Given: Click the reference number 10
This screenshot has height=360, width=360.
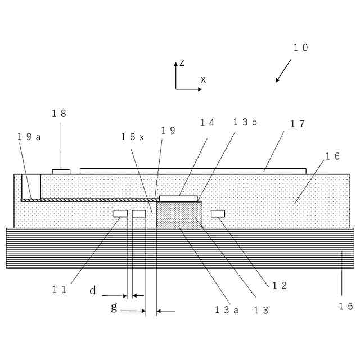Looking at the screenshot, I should (301, 48).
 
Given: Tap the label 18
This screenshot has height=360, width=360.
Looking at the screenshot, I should (59, 113).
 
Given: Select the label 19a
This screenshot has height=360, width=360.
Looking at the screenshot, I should (29, 137).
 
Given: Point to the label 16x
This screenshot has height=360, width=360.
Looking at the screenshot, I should (133, 137).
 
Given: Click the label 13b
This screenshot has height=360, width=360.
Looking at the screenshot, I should (245, 123).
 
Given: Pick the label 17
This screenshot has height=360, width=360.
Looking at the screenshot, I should (298, 124).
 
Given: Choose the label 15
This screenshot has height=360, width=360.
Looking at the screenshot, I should (345, 306).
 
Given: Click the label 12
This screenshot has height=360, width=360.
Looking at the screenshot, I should (280, 285).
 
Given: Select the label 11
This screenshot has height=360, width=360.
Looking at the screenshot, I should (60, 290).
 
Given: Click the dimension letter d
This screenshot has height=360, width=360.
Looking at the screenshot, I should (93, 290).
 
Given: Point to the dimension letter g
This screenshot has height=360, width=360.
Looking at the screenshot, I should (114, 307).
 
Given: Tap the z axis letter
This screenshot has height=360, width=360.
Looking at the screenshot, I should (182, 62).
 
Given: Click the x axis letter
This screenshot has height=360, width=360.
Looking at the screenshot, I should (203, 80).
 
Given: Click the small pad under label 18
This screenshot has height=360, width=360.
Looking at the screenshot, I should (61, 171).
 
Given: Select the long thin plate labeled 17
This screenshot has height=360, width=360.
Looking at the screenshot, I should (193, 170).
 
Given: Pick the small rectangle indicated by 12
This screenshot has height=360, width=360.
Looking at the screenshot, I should (218, 213).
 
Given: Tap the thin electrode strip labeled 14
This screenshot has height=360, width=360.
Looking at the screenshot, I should (179, 198).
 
